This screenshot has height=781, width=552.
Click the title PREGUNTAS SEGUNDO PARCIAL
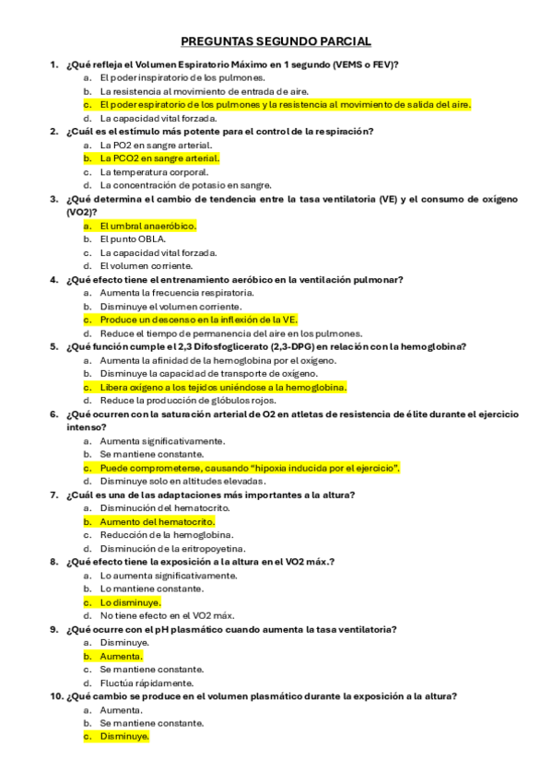pyautogui.click(x=276, y=41)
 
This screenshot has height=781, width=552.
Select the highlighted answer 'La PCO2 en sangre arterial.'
pyautogui.click(x=154, y=158)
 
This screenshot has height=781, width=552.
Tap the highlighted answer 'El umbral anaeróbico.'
pyautogui.click(x=147, y=226)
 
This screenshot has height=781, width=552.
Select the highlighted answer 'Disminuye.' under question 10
pyautogui.click(x=124, y=737)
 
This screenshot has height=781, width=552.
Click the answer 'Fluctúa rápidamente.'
pyautogui.click(x=147, y=683)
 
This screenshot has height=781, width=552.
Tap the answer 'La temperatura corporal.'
pyautogui.click(x=154, y=172)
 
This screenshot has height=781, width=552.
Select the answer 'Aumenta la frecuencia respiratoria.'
pyautogui.click(x=177, y=293)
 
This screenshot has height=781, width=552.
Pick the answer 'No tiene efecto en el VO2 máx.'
pyautogui.click(x=167, y=615)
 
